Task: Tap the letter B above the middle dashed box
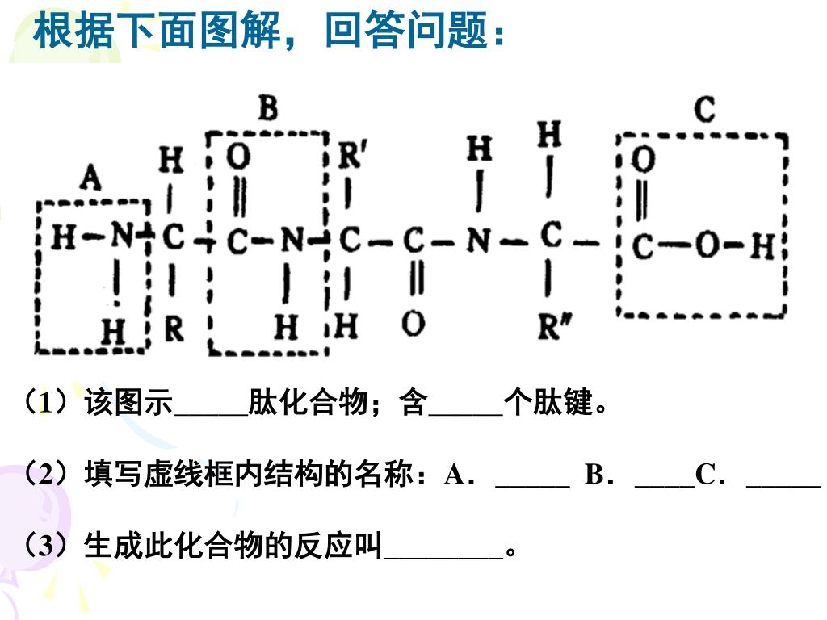click(267, 107)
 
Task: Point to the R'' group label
click(553, 328)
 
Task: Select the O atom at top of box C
click(643, 161)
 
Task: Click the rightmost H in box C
click(762, 245)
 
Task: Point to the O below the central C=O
click(413, 325)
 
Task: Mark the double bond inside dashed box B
click(239, 199)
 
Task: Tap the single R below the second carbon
click(173, 329)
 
